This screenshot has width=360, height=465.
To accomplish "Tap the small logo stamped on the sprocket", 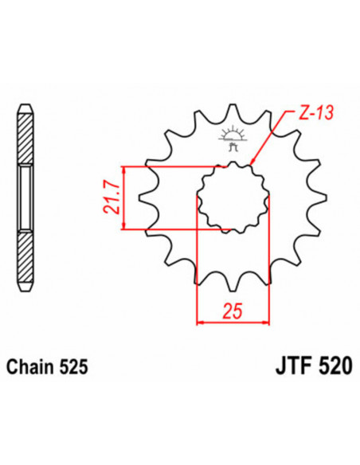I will [233, 140].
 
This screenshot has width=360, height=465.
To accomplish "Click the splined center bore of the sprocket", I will [233, 198].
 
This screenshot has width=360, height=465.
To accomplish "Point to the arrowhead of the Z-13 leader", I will [252, 163].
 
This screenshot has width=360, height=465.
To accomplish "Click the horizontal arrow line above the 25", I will [233, 322].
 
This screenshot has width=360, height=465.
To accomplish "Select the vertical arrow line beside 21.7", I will [123, 199].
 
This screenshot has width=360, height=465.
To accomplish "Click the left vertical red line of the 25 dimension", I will [197, 263].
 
